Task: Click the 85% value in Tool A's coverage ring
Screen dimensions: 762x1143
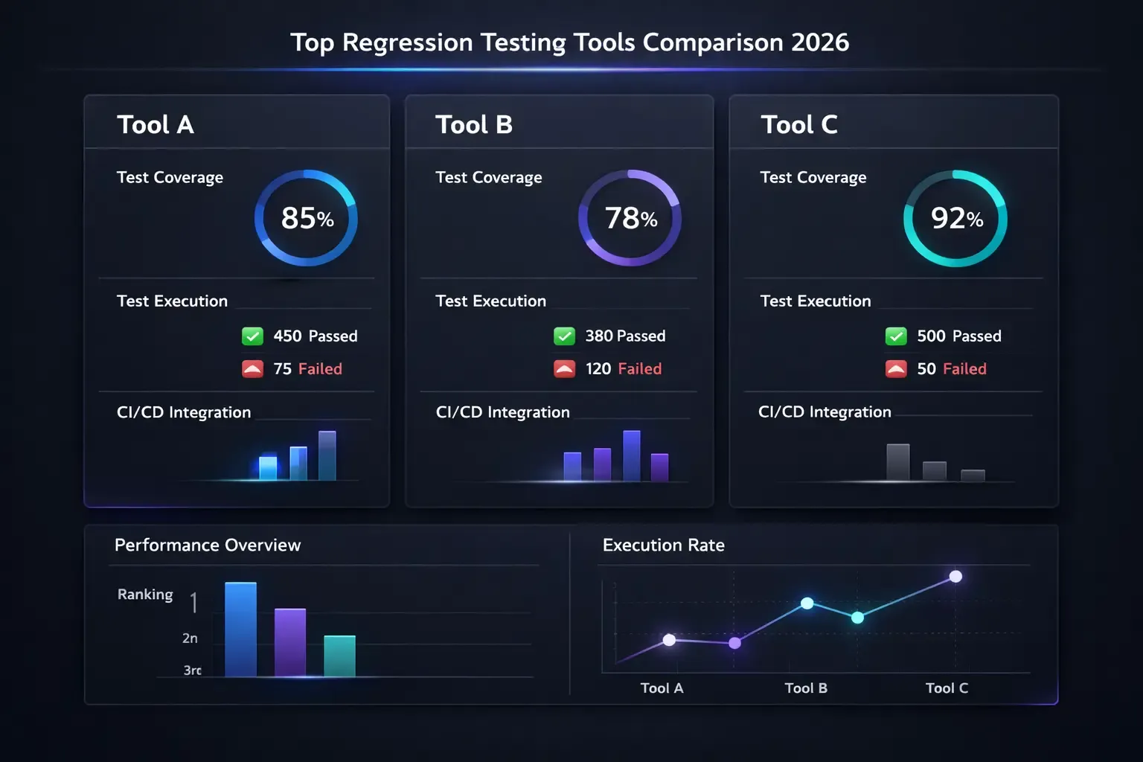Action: [x=307, y=218]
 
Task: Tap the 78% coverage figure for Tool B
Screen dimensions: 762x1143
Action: [x=630, y=218]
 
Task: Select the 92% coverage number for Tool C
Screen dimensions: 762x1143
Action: [x=956, y=218]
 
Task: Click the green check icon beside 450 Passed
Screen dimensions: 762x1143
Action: [x=253, y=336]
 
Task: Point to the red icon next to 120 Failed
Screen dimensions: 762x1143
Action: [x=565, y=368]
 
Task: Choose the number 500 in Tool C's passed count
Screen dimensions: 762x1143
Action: [x=931, y=336]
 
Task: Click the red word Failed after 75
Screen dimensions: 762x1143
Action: [x=320, y=369]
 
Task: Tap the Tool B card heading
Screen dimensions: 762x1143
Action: [x=474, y=124]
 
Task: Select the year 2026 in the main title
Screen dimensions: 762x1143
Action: [x=820, y=42]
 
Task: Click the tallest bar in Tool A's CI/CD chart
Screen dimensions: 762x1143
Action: [x=327, y=455]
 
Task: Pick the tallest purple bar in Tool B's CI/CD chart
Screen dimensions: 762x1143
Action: [x=632, y=455]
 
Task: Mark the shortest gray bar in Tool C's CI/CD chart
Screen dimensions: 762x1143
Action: [x=973, y=476]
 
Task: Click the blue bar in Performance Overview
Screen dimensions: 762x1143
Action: [x=240, y=630]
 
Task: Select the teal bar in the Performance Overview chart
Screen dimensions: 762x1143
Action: [x=339, y=656]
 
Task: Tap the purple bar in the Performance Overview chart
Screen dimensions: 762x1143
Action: [x=290, y=642]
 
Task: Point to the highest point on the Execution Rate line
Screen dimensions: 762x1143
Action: [x=956, y=577]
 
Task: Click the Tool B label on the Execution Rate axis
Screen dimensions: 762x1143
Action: [x=806, y=688]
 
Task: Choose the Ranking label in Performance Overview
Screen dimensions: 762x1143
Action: [x=145, y=595]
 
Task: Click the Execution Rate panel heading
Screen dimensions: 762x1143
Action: [x=663, y=545]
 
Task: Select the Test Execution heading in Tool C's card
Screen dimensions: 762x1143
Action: [x=815, y=301]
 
